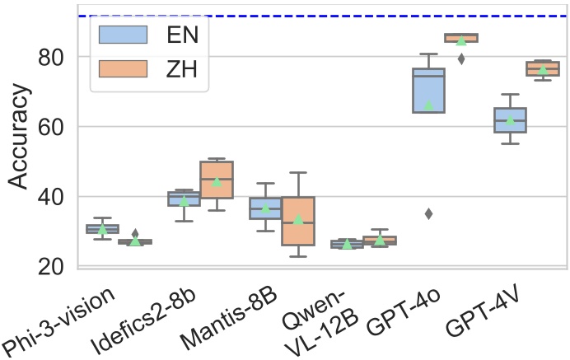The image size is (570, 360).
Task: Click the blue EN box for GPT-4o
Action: [x=428, y=90]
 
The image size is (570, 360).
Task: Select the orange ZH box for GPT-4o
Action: [x=460, y=38]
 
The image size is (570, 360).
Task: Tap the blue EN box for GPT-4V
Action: [x=510, y=119]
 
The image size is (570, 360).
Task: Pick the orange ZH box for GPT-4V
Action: [x=543, y=68]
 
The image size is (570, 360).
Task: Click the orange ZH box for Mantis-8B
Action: [x=297, y=221]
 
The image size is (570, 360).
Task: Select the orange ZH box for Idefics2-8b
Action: [x=217, y=180]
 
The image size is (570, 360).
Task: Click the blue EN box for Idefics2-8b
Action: [x=184, y=199]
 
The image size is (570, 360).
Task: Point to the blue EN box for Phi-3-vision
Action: [x=102, y=229]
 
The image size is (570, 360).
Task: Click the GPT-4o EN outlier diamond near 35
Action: [x=428, y=214]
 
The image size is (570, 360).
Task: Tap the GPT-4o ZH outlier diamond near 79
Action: [x=461, y=58]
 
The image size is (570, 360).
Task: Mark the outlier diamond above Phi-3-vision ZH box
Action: [x=135, y=235]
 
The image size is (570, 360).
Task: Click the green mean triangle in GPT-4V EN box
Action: [x=510, y=121]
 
